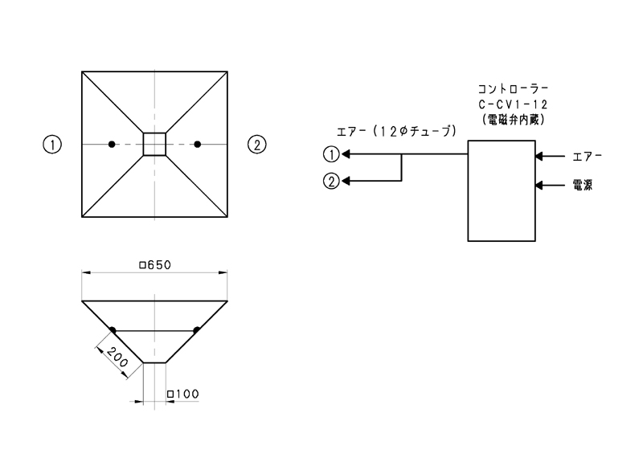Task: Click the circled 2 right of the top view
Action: click(256, 145)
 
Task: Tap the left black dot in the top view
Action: click(112, 144)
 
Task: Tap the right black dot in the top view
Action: click(197, 144)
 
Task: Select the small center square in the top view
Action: click(154, 144)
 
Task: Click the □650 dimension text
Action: click(156, 265)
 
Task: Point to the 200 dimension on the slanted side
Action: click(117, 356)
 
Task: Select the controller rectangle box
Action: click(500, 190)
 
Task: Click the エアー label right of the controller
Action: click(585, 155)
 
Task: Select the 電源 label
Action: click(584, 186)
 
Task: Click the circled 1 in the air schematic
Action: click(330, 154)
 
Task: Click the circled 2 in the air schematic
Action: click(330, 181)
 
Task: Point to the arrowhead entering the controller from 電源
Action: click(539, 186)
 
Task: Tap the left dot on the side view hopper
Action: click(112, 330)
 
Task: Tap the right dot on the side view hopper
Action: click(197, 330)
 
